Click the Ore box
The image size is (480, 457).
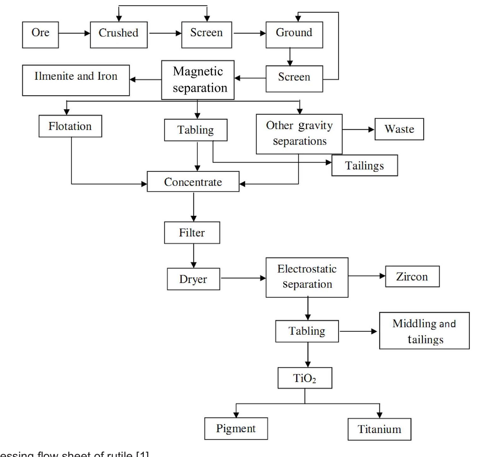click(40, 35)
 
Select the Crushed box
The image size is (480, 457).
click(119, 35)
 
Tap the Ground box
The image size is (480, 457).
click(294, 35)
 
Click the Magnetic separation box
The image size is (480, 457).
click(198, 80)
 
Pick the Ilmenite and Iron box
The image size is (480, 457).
click(76, 80)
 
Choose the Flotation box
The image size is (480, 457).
click(70, 126)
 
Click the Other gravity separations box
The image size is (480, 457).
click(299, 134)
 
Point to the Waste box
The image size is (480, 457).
click(399, 129)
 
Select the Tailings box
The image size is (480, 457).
click(365, 165)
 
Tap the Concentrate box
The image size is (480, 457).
click(193, 182)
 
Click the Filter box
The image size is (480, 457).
click(192, 233)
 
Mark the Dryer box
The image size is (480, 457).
click(193, 279)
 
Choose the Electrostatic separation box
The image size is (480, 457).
click(307, 277)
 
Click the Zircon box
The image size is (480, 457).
click(412, 276)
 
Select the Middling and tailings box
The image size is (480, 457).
click(424, 331)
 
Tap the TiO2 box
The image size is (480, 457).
click(305, 378)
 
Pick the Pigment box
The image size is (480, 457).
click(236, 429)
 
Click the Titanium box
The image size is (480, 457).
click(379, 429)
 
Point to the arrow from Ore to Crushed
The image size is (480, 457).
click(74, 33)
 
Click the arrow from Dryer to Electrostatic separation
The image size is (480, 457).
click(243, 278)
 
